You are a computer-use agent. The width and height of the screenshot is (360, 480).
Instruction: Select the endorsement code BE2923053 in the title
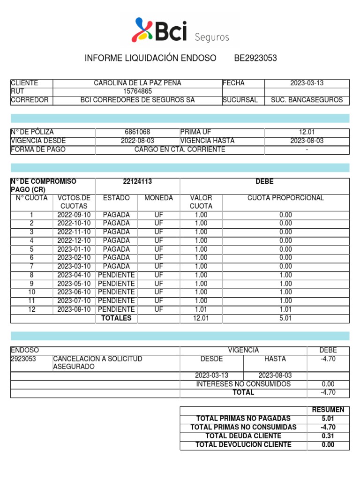(255, 58)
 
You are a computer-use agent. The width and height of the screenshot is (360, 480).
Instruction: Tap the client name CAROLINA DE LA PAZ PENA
(137, 83)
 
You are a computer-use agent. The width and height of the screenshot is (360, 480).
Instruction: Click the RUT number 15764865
(137, 91)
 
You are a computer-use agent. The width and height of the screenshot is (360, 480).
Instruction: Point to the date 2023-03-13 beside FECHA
(307, 83)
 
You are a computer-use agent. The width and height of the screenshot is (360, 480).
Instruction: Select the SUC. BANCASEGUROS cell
(307, 100)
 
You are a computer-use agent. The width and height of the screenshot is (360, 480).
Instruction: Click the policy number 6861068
(137, 133)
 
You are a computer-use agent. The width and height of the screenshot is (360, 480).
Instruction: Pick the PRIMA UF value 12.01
(307, 133)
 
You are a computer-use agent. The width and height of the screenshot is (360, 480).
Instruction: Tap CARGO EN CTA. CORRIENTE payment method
(180, 150)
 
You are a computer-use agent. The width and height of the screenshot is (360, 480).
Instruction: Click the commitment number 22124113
(137, 181)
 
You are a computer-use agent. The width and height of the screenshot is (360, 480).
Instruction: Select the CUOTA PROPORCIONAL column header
(285, 198)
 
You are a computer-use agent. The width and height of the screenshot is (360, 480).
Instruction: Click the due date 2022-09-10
(74, 215)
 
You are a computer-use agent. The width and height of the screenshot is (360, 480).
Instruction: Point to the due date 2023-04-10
(74, 275)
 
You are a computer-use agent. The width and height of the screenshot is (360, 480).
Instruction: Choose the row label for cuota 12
(32, 309)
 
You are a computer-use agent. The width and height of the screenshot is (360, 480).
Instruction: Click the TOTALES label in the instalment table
(116, 318)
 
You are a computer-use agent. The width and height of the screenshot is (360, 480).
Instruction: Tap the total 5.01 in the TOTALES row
(285, 318)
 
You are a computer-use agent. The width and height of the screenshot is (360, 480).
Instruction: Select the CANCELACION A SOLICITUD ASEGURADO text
(97, 362)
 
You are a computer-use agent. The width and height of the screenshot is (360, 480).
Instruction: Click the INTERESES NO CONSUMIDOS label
(243, 384)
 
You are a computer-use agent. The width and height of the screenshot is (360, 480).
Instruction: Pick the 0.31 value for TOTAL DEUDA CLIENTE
(328, 436)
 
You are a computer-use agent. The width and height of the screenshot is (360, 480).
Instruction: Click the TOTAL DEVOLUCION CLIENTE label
(243, 444)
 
